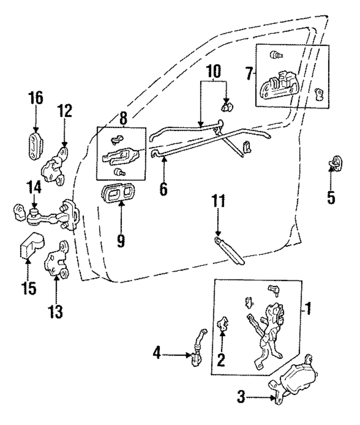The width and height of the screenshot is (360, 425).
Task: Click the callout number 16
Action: pyautogui.click(x=36, y=98)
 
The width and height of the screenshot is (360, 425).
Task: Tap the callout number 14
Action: pyautogui.click(x=34, y=188)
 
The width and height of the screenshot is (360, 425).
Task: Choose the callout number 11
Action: pyautogui.click(x=218, y=201)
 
